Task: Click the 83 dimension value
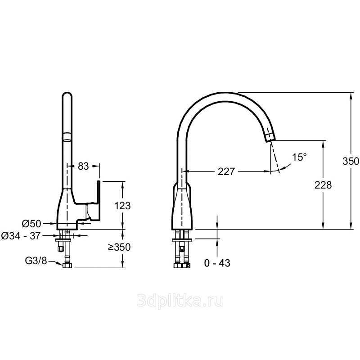[83, 166]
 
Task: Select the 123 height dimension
[122, 206]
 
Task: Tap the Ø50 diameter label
[31, 223]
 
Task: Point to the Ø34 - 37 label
[21, 235]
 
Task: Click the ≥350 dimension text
[119, 247]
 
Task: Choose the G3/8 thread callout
[36, 261]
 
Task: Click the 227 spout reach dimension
[226, 171]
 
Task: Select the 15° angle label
[299, 157]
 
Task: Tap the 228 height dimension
[323, 185]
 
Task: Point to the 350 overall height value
[351, 161]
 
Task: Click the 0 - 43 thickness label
[217, 263]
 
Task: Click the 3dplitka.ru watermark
[180, 301]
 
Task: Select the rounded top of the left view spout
[67, 94]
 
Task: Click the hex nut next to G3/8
[67, 265]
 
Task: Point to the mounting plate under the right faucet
[182, 240]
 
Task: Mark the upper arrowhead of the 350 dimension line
[351, 96]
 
